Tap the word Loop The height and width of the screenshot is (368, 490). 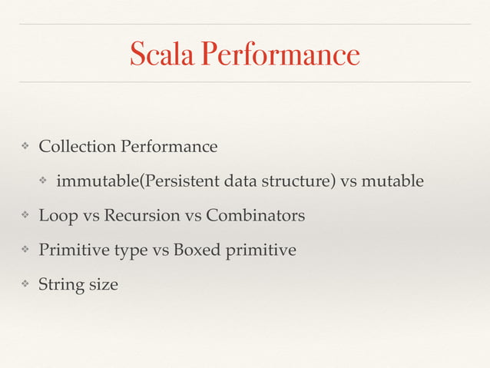[58, 216]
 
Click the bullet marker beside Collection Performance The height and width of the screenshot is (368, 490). [25, 146]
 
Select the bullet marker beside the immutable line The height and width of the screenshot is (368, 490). [43, 181]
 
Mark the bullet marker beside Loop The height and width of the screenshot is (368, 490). [25, 216]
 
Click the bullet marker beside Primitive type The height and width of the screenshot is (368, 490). [25, 250]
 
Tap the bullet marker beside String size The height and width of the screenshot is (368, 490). [25, 285]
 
